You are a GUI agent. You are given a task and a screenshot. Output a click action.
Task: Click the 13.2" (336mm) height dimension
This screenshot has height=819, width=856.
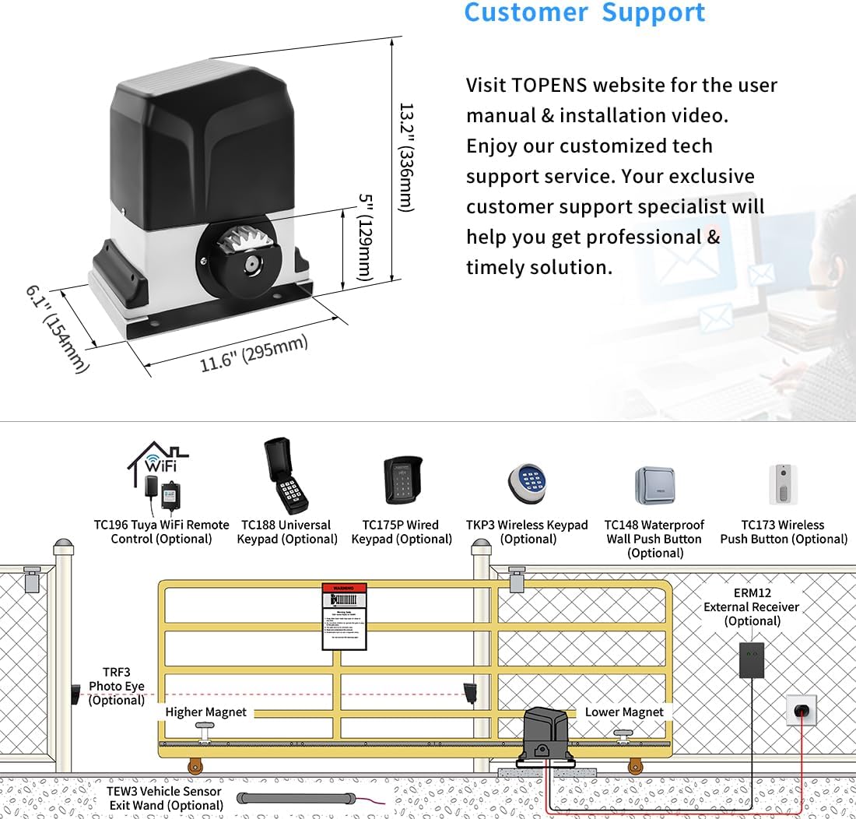pos(406,156)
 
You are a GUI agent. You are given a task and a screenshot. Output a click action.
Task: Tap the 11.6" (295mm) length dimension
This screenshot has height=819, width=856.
pos(254,353)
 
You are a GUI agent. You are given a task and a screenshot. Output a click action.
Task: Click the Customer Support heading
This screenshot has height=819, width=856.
pos(584,12)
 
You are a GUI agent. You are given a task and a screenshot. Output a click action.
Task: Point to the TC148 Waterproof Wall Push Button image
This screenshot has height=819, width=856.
pos(654,486)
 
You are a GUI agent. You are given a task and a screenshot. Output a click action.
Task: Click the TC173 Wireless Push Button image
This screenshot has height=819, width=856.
pos(783,483)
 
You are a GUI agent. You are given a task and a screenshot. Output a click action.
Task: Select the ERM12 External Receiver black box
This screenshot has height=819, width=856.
pos(751,660)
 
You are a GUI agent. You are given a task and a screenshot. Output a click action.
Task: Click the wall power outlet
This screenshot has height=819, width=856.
pos(801,710)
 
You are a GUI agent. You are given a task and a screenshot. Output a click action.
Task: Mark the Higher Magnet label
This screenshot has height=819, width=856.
pos(205,712)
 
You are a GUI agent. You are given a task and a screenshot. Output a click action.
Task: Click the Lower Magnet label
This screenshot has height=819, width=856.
pos(624,712)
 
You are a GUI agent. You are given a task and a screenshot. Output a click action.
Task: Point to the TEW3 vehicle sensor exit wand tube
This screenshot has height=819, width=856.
pos(296,798)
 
